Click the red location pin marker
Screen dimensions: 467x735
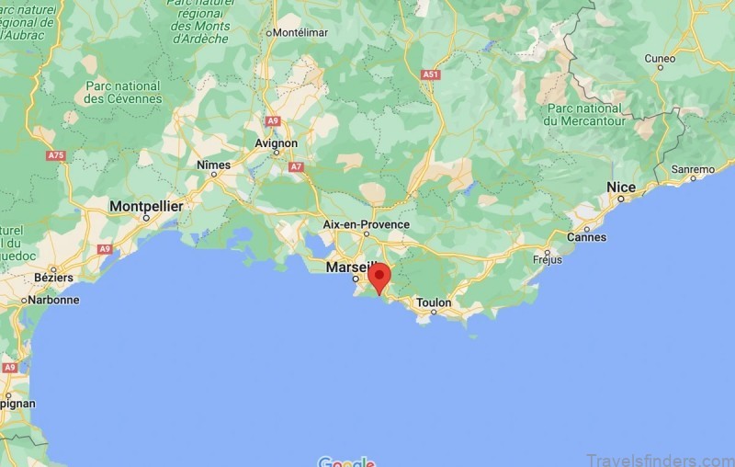379,277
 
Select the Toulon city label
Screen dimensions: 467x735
434,302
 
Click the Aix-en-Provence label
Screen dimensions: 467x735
366,224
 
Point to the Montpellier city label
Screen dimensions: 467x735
146,207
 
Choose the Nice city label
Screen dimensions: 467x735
621,188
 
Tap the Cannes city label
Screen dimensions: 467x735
587,236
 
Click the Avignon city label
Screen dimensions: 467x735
277,143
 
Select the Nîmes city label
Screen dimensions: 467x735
214,165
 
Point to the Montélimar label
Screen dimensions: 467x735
300,33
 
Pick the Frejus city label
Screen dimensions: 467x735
548,259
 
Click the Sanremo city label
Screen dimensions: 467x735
693,170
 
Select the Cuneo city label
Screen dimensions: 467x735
660,58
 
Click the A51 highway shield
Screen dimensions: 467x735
430,74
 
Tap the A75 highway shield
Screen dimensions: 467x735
57,156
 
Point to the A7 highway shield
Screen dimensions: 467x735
296,167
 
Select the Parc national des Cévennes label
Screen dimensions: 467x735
122,93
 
